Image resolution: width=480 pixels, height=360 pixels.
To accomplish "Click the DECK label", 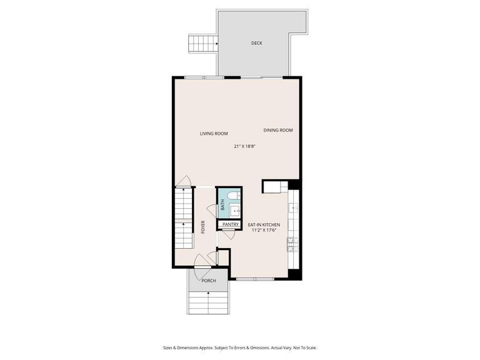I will coord(256,43).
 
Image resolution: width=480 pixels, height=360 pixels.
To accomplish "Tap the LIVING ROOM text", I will coord(214,133).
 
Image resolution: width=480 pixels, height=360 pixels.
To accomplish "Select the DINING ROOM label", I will coord(278,130).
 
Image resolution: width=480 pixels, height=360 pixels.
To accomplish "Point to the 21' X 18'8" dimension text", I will coord(245,146).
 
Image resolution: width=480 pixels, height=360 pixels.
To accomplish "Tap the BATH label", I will coord(222,204).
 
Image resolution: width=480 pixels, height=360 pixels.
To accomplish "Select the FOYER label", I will coord(203,227).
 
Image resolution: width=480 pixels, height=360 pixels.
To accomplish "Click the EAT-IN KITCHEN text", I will coord(264,224).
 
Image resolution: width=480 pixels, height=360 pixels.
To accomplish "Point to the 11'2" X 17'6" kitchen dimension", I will coord(263,231).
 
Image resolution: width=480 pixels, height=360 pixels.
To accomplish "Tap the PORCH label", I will coord(209,281).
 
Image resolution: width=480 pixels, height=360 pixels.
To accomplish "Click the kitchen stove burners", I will coord(291,244).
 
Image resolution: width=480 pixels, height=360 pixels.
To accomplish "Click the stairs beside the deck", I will coord(201,44).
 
